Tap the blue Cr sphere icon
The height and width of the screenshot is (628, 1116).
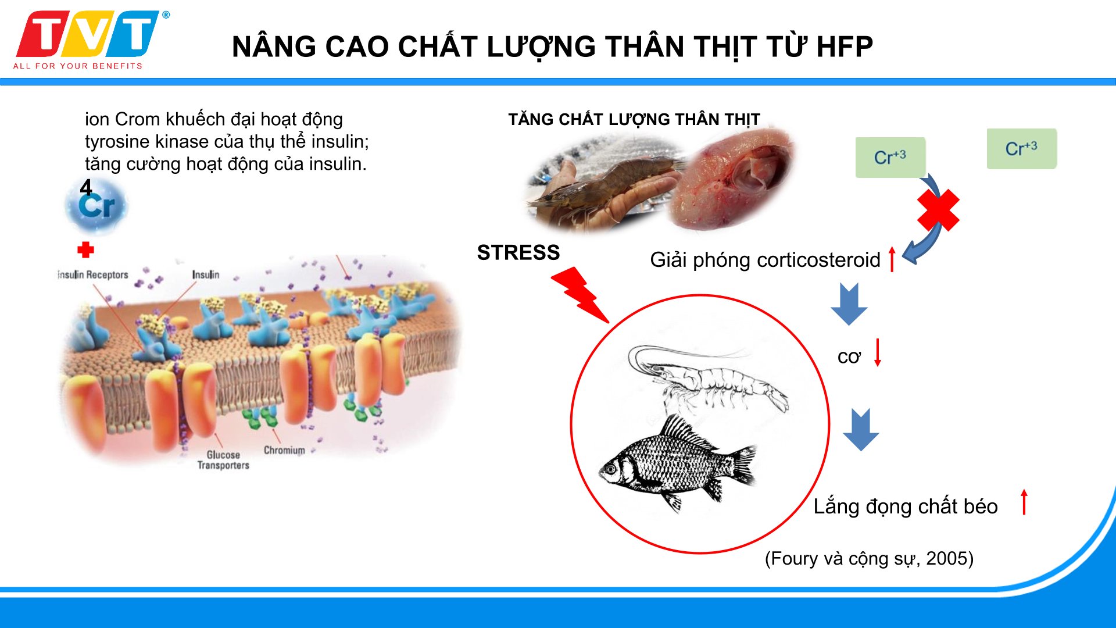pos(96,205)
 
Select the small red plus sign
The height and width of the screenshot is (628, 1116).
pos(85,250)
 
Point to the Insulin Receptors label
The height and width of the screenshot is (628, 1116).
pos(93,274)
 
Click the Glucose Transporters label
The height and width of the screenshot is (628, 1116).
pos(223,460)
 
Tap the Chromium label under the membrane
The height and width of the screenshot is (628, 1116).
pos(284,450)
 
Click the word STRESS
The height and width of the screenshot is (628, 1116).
pos(518,252)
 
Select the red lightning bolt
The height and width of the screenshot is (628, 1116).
pos(580,295)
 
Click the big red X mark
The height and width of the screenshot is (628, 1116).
pos(938,210)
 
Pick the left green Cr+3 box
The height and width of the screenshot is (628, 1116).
pos(890,157)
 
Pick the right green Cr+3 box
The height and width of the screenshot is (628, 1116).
pos(1022,149)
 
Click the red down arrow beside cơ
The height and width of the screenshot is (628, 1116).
pos(878,352)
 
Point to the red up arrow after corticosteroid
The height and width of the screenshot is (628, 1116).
pos(892,259)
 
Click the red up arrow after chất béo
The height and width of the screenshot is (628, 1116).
pos(1024,502)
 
